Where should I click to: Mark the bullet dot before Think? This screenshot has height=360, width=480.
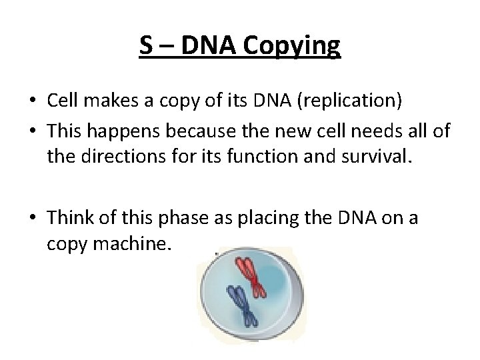click(34, 219)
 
